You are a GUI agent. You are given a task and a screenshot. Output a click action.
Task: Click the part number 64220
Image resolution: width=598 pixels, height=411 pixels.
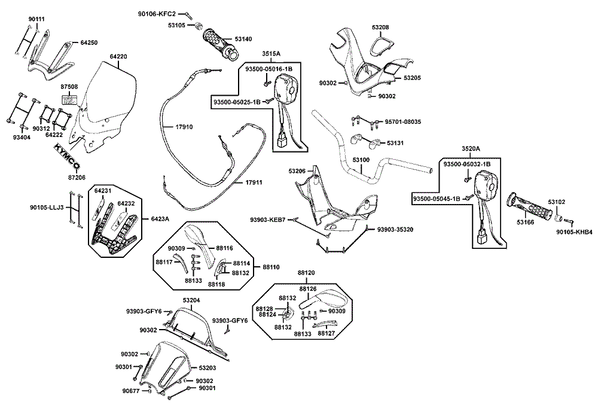[x=118, y=57]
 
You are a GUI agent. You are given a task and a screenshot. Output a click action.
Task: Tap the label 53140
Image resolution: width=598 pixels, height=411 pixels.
[x=243, y=39]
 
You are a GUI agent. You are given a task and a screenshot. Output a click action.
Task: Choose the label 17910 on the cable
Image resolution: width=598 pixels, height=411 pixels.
[x=184, y=127]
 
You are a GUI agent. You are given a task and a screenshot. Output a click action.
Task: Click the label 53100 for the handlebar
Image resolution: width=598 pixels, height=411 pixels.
[x=361, y=160]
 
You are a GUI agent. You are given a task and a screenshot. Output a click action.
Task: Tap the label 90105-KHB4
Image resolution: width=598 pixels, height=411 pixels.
[x=574, y=232]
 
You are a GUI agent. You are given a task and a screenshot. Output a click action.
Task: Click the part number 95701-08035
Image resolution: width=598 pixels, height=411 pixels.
[x=402, y=122]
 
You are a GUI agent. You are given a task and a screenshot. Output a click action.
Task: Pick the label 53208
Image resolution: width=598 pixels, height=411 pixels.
[x=380, y=28]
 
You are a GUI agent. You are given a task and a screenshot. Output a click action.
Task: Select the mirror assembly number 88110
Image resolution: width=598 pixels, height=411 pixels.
[x=271, y=267]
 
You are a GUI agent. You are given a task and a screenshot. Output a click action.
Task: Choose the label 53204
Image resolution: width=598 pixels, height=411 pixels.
[x=191, y=300]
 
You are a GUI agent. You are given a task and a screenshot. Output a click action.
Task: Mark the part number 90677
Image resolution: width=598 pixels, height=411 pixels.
[x=130, y=391]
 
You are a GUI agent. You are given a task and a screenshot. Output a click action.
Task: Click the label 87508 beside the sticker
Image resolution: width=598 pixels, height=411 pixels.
[x=69, y=87]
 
